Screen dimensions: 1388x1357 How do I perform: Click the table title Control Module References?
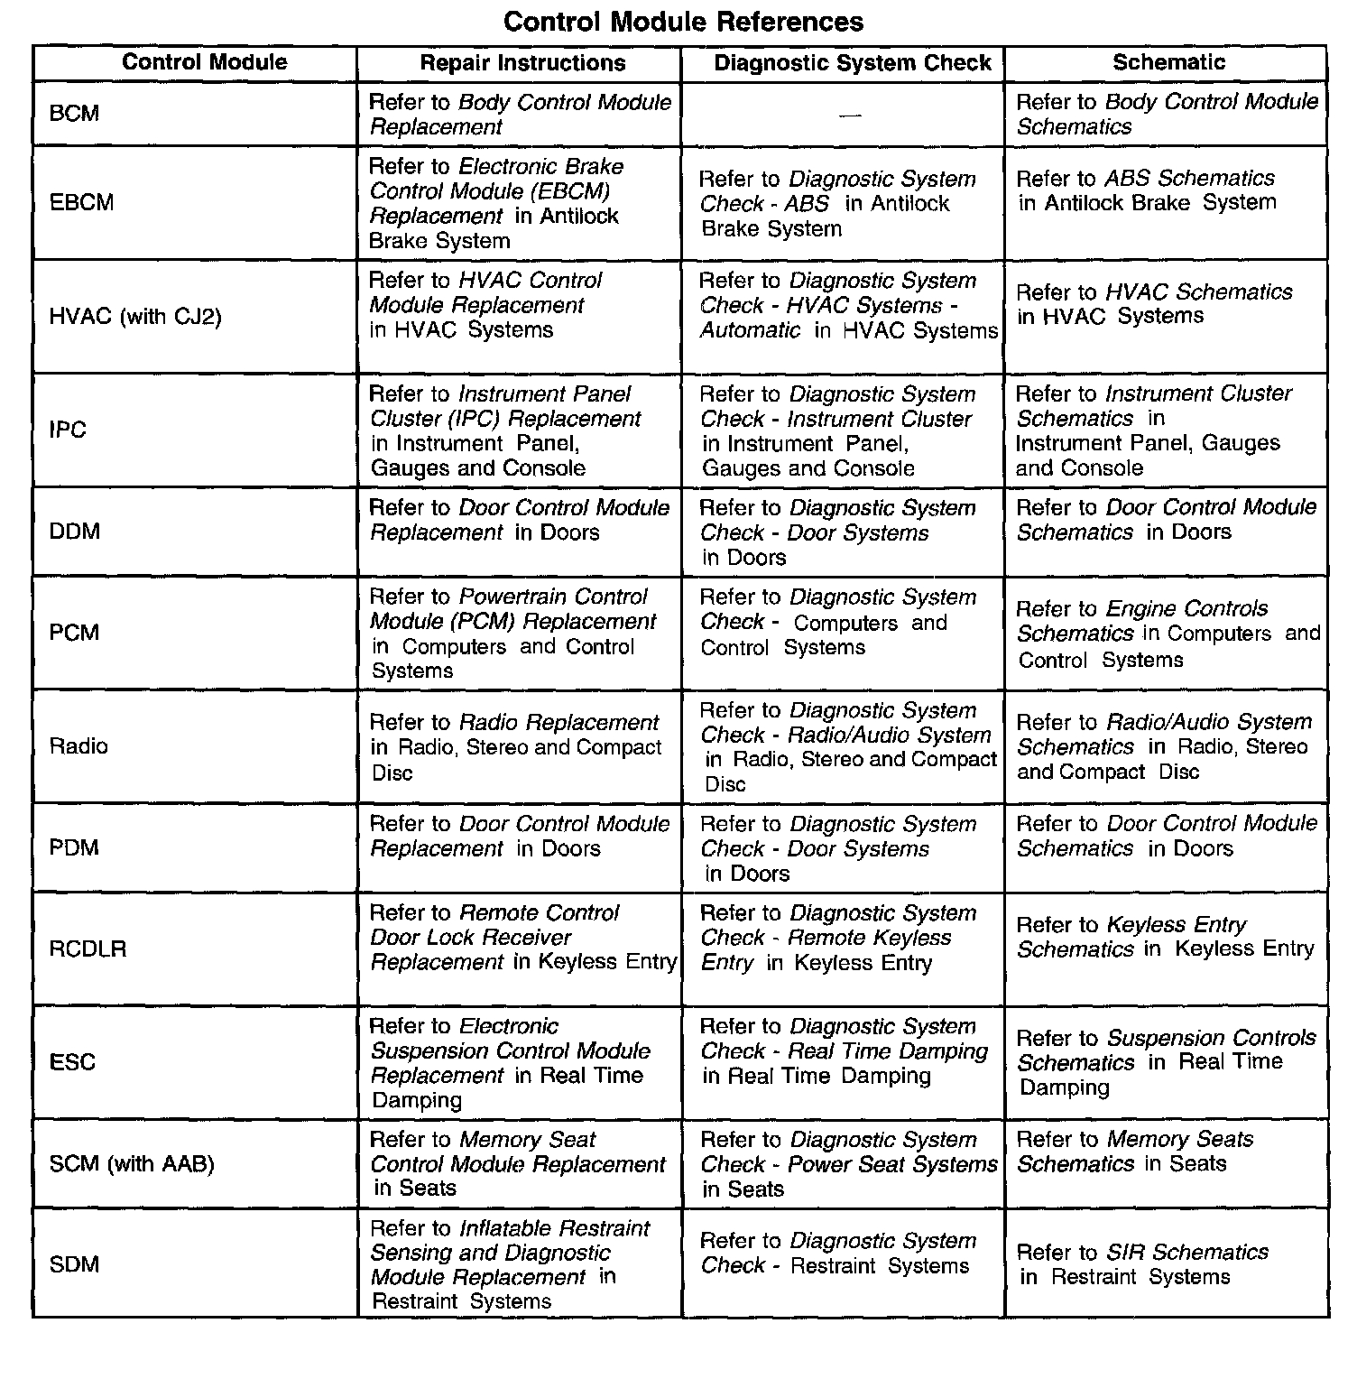(683, 22)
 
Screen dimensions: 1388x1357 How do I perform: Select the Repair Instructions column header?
(522, 63)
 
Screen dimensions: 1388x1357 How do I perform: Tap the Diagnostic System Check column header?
(852, 63)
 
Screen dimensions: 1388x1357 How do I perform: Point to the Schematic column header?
(1168, 62)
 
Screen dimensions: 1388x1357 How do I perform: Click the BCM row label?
(74, 114)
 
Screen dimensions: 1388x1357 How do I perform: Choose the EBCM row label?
(81, 202)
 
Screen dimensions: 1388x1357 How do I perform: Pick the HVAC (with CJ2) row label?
(135, 317)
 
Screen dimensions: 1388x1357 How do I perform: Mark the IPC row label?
(68, 430)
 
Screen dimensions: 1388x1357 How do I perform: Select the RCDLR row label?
(88, 949)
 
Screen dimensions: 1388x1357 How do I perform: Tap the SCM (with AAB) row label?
(132, 1164)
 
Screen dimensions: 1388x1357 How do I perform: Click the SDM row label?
(74, 1264)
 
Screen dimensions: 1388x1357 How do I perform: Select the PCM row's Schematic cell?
(1168, 634)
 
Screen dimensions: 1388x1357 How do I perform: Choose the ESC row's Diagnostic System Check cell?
(843, 1051)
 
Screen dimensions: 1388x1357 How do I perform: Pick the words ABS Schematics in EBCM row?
(1189, 179)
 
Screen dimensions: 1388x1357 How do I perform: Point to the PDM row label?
(74, 847)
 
